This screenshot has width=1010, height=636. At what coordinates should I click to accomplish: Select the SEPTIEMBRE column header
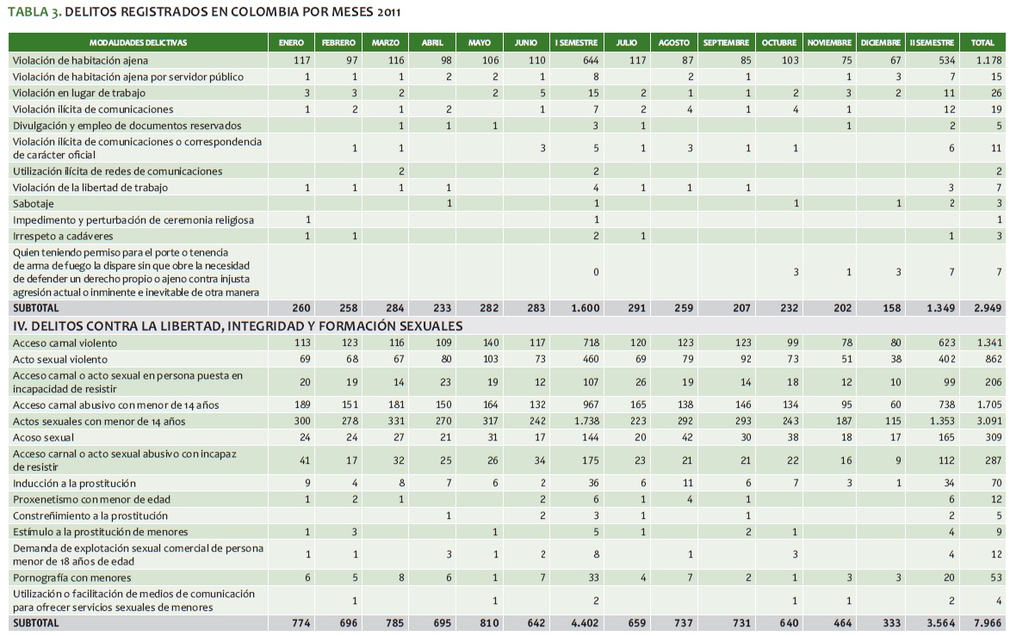coord(725,42)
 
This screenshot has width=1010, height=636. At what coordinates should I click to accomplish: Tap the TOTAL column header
coord(982,42)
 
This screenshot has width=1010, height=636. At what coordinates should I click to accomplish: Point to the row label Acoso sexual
coord(43,436)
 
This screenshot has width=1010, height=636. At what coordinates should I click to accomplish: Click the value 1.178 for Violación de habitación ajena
coord(987,60)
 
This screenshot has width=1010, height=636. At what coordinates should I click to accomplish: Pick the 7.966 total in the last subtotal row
coord(987,623)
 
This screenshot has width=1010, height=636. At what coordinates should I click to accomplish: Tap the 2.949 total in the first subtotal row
coord(987,307)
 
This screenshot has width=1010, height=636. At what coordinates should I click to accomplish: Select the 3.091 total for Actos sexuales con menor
coord(987,421)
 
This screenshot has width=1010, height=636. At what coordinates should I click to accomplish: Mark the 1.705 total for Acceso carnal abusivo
coord(987,404)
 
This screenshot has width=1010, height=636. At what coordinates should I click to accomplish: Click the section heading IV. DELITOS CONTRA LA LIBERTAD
coord(237,325)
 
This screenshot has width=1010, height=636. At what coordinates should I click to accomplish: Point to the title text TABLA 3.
coord(33,11)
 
